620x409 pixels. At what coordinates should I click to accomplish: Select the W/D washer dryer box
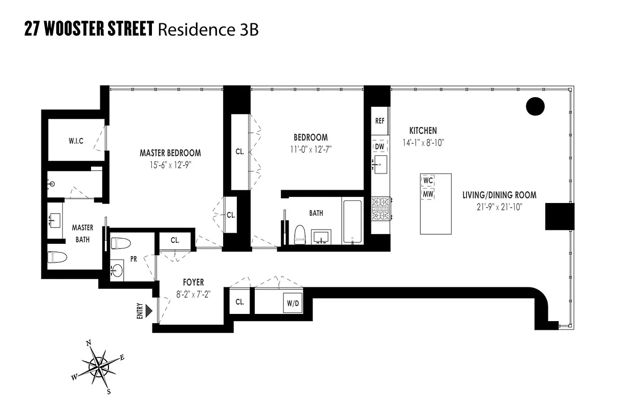pos(293,303)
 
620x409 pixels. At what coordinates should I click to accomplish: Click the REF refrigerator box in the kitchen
pos(380,121)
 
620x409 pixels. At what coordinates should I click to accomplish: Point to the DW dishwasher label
pos(380,147)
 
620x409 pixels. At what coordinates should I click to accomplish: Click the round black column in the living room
pos(536,106)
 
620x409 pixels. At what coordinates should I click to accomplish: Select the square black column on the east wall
pos(560,216)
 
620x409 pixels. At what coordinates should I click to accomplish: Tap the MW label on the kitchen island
pos(428,194)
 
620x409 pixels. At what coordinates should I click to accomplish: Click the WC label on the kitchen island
pos(428,180)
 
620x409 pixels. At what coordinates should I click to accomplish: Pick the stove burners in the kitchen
pos(381,209)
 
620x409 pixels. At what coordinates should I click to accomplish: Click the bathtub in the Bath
pos(352,222)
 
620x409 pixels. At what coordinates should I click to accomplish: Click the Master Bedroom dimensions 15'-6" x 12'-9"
pos(170,164)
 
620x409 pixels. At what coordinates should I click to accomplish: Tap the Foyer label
pos(193,282)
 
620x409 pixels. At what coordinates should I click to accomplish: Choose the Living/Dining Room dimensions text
pos(499,207)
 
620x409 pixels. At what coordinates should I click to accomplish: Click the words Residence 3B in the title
pos(208,30)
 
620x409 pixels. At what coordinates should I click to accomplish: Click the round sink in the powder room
pos(117,270)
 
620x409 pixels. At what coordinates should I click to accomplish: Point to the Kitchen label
pos(423,131)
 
